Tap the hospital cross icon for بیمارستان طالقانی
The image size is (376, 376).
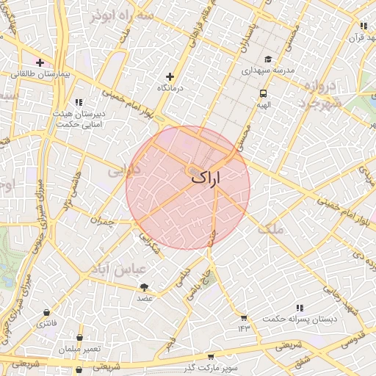click(x=39, y=62)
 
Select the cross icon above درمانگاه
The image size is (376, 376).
click(x=170, y=76)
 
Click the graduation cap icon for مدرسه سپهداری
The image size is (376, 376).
click(x=268, y=59)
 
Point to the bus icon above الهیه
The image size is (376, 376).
click(x=263, y=93)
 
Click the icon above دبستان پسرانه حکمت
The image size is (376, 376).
click(x=299, y=308)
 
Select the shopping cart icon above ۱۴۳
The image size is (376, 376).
click(x=243, y=317)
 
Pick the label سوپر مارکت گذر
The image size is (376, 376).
click(x=213, y=366)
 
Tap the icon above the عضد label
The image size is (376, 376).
click(x=144, y=287)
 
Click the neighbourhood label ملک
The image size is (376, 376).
click(x=270, y=229)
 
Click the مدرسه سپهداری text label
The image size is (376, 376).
click(x=269, y=71)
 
